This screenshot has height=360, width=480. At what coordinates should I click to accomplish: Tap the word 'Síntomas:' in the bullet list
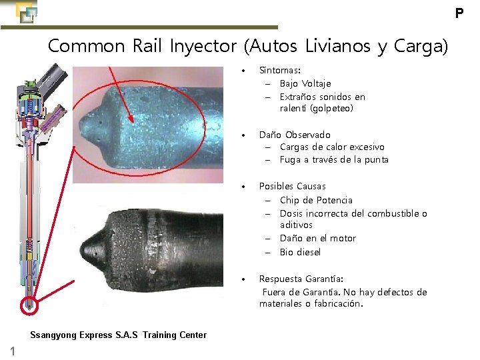(279, 69)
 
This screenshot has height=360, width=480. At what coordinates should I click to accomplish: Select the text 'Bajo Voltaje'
(305, 83)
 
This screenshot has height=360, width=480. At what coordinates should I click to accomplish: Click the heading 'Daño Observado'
(295, 135)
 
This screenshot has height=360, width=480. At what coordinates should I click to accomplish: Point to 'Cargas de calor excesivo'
(332, 147)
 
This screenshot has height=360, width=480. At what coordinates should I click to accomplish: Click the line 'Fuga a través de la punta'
(334, 159)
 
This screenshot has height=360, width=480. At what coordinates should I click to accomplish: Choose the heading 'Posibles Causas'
(292, 186)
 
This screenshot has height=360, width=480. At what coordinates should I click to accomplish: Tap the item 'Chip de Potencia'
(316, 200)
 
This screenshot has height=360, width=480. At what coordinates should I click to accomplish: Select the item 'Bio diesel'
(300, 252)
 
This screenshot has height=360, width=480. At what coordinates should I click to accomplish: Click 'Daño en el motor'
(318, 238)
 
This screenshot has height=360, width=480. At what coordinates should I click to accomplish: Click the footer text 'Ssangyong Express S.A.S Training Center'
(119, 335)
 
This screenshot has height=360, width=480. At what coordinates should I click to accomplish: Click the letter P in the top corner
(459, 13)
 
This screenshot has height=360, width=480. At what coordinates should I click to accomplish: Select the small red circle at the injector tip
(29, 305)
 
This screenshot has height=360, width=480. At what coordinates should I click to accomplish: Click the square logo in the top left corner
(25, 11)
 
